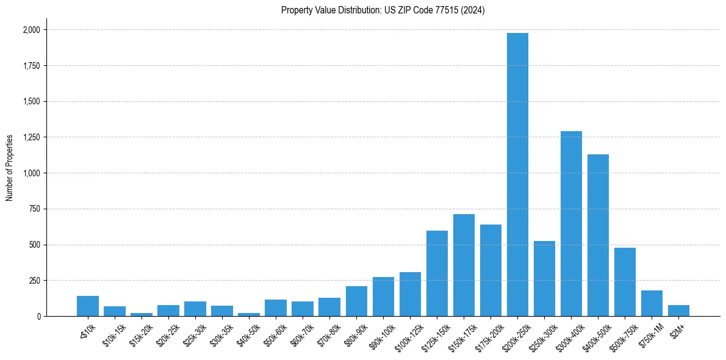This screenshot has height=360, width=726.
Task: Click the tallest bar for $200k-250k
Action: pyautogui.click(x=517, y=175)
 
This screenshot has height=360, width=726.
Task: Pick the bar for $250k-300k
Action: pyautogui.click(x=544, y=279)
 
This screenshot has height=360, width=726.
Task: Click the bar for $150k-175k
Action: pyautogui.click(x=464, y=265)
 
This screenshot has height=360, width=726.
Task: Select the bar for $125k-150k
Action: pyautogui.click(x=437, y=273)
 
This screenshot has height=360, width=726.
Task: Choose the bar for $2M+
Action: pyautogui.click(x=678, y=311)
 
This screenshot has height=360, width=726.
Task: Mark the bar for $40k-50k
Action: pyautogui.click(x=249, y=314)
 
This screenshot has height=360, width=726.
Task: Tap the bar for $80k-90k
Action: pyautogui.click(x=356, y=301)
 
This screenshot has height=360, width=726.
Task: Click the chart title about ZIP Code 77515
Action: pyautogui.click(x=383, y=10)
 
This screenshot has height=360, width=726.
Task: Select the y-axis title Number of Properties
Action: pyautogui.click(x=10, y=168)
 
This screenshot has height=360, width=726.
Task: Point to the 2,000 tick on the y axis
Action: pyautogui.click(x=31, y=30)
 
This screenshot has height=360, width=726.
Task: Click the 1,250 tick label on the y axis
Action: pyautogui.click(x=31, y=137)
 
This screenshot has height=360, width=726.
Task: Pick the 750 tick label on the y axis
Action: pyautogui.click(x=34, y=209)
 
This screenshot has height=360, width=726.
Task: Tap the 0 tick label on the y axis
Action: pyautogui.click(x=38, y=317)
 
